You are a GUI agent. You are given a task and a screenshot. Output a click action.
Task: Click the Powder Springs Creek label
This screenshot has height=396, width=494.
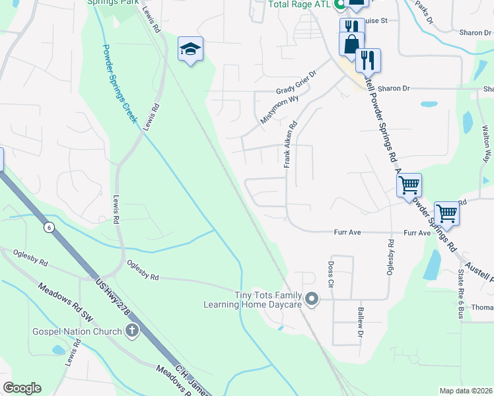[119, 83]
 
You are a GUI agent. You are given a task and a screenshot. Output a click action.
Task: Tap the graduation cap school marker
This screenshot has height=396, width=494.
[190, 49]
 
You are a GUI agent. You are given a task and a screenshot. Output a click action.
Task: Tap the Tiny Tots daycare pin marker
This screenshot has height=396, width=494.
[313, 300]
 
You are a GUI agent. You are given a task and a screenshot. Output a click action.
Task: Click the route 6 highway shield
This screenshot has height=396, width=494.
[49, 228]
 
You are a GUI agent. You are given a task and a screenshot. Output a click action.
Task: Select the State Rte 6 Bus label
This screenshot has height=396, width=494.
[461, 291]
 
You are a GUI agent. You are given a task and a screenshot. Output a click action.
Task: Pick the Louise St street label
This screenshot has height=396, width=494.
[374, 20]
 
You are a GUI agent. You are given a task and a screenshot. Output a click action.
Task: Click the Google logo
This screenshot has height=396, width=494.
[22, 388]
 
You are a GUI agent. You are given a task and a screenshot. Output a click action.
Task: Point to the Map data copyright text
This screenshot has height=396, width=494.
[466, 391]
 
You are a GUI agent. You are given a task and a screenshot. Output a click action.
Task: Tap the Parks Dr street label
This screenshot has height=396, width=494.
[425, 11]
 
